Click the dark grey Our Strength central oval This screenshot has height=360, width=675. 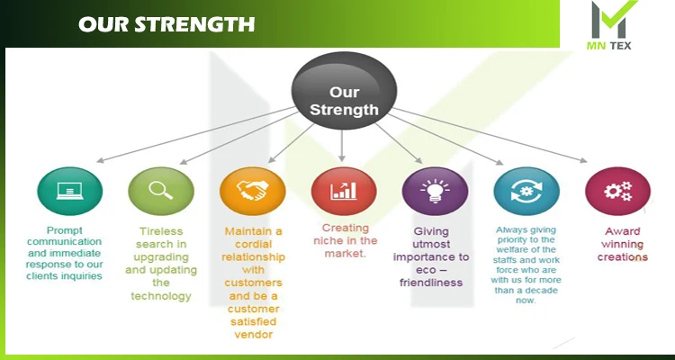tap(344, 90)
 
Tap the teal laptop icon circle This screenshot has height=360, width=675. tap(70, 191)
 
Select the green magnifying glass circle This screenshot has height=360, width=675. tap(161, 191)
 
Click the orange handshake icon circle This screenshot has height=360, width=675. tap(252, 191)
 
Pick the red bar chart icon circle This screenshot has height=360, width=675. tap(344, 191)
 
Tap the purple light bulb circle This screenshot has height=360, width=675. tap(436, 191)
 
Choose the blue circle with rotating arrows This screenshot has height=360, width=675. tap(526, 191)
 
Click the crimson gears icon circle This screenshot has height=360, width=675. tap(618, 191)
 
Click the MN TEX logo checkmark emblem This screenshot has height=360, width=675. tap(610, 20)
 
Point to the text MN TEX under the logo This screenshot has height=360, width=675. tap(608, 45)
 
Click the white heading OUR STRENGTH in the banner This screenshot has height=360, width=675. tap(166, 24)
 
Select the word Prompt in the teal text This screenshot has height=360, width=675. tap(65, 230)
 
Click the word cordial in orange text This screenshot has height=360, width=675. tap(247, 244)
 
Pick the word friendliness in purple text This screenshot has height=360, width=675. tap(431, 283)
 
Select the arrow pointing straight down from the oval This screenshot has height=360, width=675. tap(342, 146)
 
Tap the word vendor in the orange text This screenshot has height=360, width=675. tap(254, 335)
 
